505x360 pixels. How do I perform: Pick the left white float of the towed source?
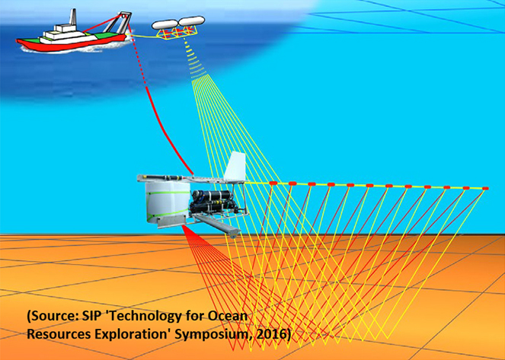click(x=164, y=24)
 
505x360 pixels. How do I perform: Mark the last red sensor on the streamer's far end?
click(x=484, y=188)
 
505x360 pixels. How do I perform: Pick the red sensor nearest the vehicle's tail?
click(x=272, y=183)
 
